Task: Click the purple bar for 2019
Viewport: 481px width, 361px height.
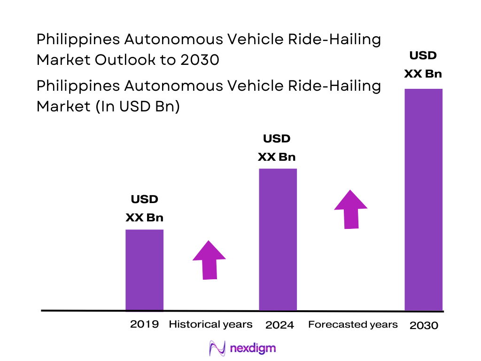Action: [x=144, y=270]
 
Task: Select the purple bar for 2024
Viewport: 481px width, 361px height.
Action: [x=278, y=239]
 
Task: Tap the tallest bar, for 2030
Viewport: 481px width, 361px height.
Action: [x=423, y=199]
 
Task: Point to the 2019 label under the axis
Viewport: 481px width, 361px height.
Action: [x=144, y=324]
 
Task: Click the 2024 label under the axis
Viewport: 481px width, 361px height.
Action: [x=279, y=325]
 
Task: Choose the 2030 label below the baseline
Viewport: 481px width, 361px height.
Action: [x=424, y=325]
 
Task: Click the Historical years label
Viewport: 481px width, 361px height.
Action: [x=210, y=324]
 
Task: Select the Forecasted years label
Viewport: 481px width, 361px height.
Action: [x=353, y=324]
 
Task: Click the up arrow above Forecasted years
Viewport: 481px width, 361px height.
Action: [x=351, y=209]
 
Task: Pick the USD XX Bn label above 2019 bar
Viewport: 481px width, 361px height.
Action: [x=144, y=209]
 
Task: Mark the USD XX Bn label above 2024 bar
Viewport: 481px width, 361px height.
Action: [x=277, y=148]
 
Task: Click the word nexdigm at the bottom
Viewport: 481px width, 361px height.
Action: [x=254, y=349]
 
